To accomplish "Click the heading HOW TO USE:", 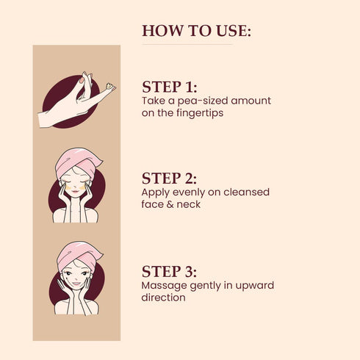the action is tap(196, 31).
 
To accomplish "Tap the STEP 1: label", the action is tap(170, 87).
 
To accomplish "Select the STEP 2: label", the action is tap(169, 179).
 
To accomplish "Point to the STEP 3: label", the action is tap(169, 272).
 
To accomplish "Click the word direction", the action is tap(163, 298).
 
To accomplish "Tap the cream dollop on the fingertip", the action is tap(109, 86).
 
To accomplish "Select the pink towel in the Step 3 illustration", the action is tap(79, 254).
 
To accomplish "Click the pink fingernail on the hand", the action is tap(82, 80).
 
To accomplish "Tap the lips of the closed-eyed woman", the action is tap(76, 191).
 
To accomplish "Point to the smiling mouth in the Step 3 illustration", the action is tap(76, 284).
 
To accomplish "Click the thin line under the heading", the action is tap(187, 45).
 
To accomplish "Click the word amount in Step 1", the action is tap(251, 101).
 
